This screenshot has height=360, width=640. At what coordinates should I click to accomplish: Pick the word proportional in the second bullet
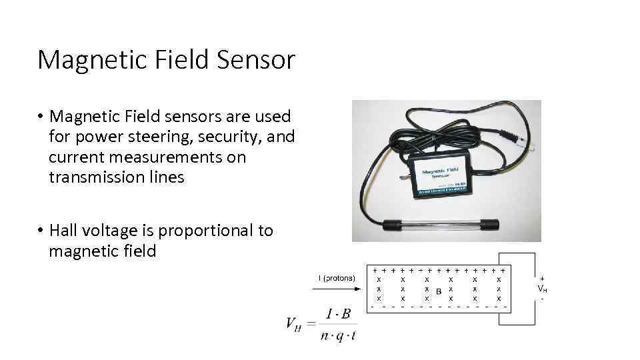207,231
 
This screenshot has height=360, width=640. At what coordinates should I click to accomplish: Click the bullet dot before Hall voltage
41,231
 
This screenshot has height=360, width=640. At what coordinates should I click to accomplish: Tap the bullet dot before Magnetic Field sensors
41,117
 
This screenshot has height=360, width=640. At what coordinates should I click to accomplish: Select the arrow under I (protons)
336,289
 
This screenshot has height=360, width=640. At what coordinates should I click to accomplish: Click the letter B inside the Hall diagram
438,291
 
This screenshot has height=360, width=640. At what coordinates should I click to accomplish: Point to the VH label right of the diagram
542,288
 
